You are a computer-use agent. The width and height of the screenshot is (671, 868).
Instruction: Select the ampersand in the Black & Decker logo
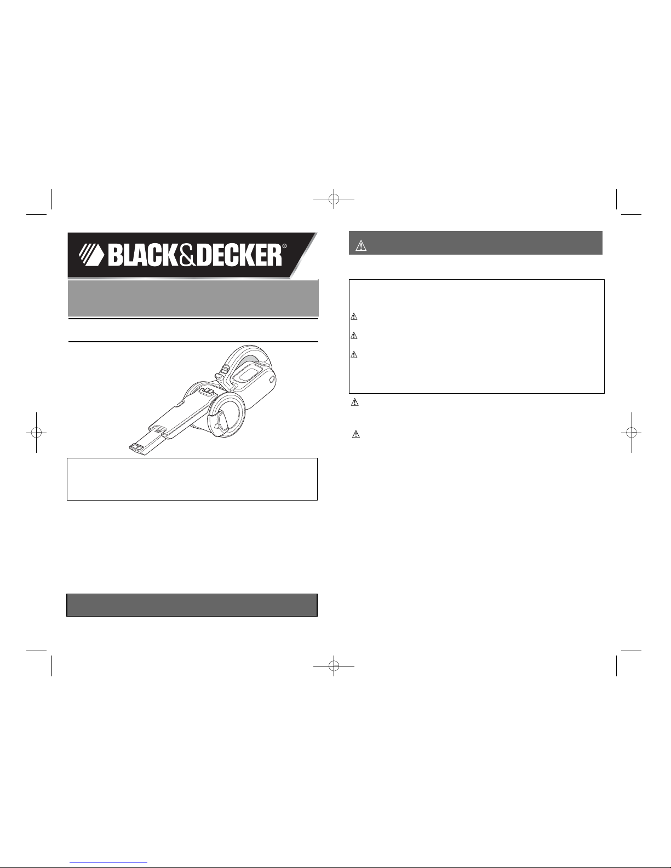click(188, 256)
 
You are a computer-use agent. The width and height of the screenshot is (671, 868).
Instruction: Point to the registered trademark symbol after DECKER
click(284, 246)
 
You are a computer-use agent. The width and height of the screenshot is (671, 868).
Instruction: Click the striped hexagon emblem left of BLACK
click(91, 255)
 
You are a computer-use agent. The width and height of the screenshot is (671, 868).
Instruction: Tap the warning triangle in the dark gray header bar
click(360, 246)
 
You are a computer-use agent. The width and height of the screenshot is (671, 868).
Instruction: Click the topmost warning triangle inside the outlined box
click(354, 317)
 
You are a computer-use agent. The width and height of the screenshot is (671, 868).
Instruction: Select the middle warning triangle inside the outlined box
click(354, 336)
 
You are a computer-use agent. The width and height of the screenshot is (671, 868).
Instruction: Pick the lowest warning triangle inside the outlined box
click(354, 354)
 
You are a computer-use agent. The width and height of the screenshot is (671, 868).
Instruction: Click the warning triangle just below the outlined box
click(355, 403)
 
